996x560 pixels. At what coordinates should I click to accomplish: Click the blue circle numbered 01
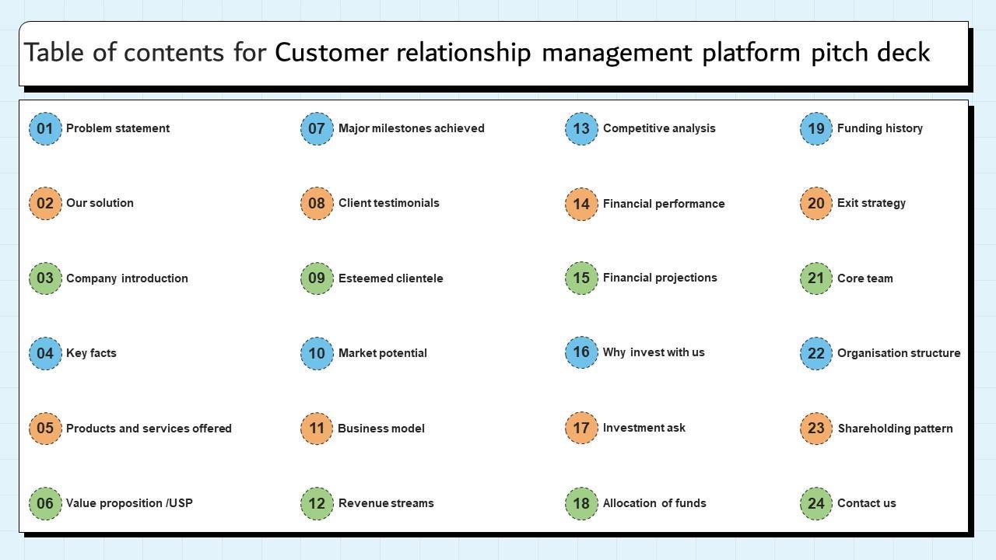coord(45,128)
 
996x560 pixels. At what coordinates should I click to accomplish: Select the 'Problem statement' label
coord(117,128)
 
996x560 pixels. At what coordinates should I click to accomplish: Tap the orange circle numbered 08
coord(317,203)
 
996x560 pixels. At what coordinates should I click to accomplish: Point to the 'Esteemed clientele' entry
coord(391,278)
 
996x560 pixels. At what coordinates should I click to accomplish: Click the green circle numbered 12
coord(317,503)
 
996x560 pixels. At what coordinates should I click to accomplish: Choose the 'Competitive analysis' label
coord(659,128)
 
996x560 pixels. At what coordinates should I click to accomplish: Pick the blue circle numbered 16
coord(581,352)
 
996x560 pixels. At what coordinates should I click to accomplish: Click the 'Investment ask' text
coord(644,428)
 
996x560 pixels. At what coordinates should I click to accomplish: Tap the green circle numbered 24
coord(816,503)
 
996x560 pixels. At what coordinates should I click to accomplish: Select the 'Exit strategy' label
coord(871,203)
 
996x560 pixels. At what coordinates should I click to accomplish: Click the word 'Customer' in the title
coord(331,52)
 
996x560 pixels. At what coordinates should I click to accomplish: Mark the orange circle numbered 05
coord(45,428)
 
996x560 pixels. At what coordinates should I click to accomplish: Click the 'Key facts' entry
coord(91,353)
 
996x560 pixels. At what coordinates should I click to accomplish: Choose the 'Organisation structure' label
coord(899,353)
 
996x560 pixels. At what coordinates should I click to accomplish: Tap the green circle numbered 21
coord(816,278)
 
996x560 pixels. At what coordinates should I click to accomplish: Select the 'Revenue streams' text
coord(386,503)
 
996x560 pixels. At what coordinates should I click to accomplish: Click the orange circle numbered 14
coord(581,204)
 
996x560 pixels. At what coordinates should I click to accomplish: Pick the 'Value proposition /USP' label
coord(129,503)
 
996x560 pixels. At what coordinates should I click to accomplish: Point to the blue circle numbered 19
coord(816,128)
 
